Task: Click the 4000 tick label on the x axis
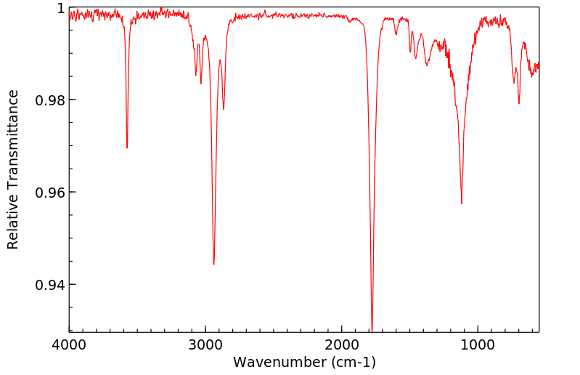[x=69, y=344]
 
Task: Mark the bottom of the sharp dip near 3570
[x=127, y=148]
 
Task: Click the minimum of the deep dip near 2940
[x=213, y=265]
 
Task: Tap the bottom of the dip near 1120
[x=462, y=203]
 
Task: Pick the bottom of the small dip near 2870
[x=224, y=109]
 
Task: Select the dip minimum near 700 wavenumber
[x=519, y=103]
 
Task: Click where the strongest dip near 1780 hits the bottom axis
[x=372, y=331]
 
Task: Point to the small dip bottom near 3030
[x=201, y=84]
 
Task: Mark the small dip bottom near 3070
[x=195, y=75]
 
